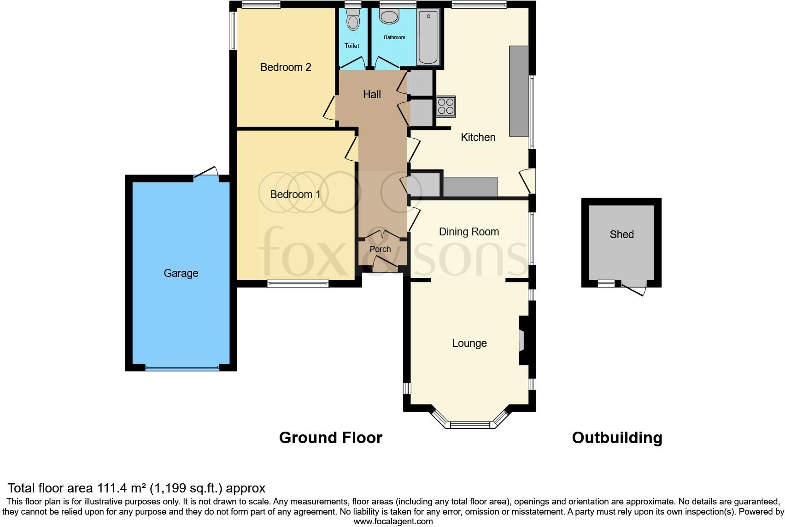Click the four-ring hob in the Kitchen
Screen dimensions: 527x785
446,106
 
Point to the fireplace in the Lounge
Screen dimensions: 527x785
523,340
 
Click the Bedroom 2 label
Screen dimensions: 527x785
286,67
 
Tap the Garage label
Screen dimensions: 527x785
181,273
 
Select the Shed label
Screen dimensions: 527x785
621,234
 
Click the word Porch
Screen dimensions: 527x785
380,249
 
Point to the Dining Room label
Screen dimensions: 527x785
469,232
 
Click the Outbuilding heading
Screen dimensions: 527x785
617,438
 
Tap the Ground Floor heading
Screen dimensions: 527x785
330,438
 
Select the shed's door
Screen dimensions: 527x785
634,288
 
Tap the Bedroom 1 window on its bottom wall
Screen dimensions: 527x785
298,284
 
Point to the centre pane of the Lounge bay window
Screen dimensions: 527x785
470,425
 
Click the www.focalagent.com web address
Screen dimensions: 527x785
393,521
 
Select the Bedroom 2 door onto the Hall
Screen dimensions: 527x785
330,108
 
